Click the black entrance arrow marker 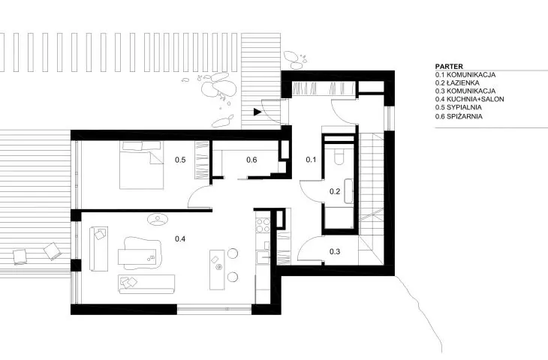coord(257,112)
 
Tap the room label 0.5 coord(180,160)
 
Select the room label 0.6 coord(251,160)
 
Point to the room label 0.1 coord(311,160)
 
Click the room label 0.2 coord(335,191)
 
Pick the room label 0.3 coord(335,251)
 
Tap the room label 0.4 coord(180,238)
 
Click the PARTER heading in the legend coord(449,66)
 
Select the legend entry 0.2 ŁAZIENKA coord(457,82)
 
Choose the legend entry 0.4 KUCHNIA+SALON coord(470,99)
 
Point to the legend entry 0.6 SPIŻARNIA coord(459,116)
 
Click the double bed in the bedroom coord(142,165)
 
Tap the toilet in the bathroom coord(339,156)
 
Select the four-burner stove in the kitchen coord(263,225)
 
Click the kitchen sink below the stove coord(263,257)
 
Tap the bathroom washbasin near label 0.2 coord(348,191)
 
